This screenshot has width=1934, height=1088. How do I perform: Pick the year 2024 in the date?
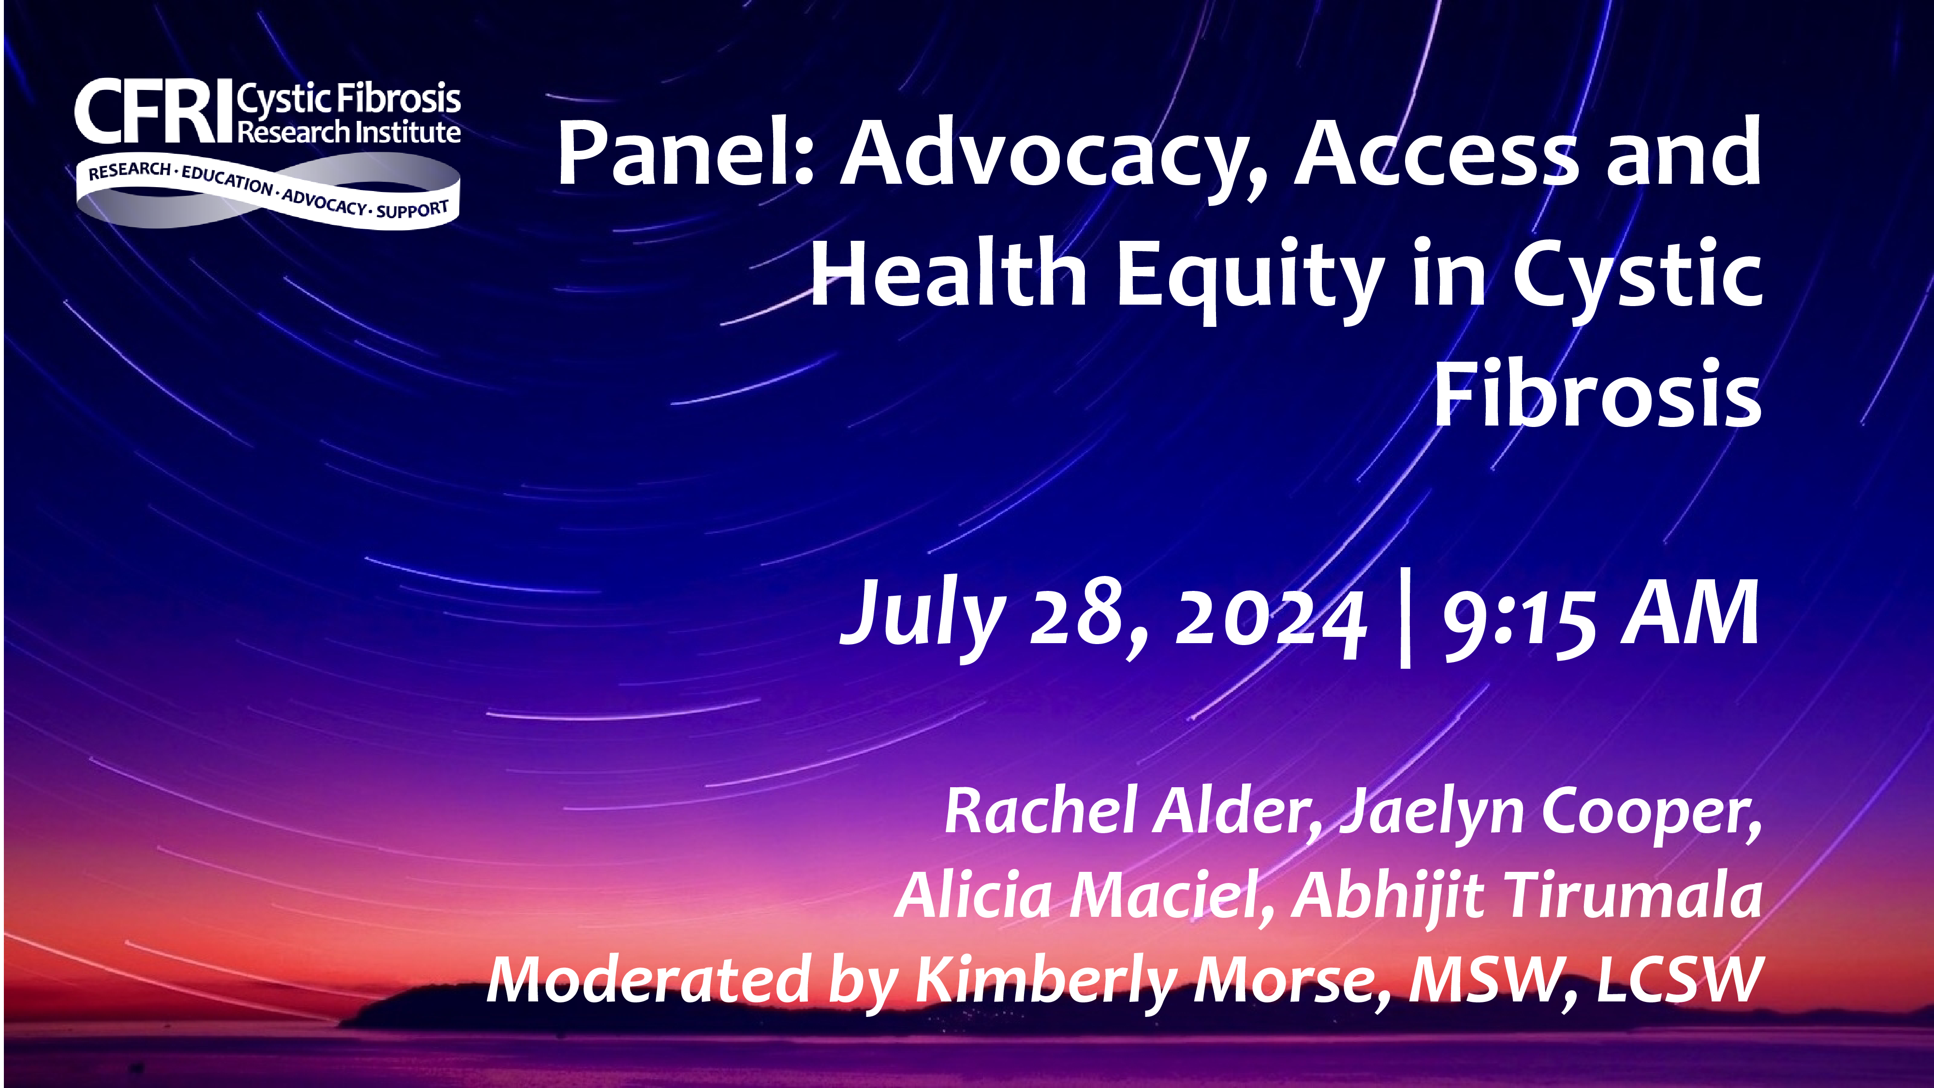[1269, 619]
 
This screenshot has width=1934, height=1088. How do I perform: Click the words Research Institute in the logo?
[349, 132]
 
